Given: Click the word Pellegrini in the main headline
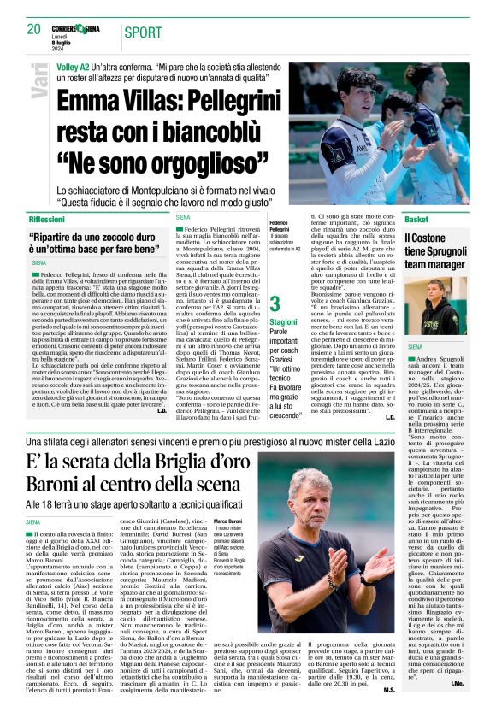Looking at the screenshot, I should click(214, 99).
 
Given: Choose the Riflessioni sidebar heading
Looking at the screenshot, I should click(52, 220).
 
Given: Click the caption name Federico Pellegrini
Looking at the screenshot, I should click(280, 227).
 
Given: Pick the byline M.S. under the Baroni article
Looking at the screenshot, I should click(388, 706).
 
